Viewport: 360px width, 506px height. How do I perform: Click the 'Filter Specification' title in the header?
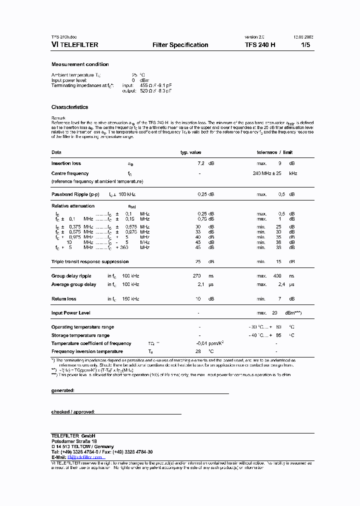tap(180, 45)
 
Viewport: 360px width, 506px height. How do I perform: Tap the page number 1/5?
tap(305, 45)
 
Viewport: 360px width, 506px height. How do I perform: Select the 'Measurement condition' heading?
tap(80, 64)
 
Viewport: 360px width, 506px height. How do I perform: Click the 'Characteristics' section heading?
tap(69, 107)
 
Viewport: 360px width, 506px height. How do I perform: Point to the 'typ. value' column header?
tap(190, 152)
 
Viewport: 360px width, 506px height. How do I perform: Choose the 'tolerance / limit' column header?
tap(274, 152)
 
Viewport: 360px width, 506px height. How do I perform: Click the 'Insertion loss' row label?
tap(66, 163)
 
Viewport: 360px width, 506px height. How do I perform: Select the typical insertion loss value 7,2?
tap(201, 163)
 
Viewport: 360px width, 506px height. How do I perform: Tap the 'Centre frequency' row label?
tap(69, 173)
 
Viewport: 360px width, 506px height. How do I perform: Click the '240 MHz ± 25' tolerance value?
tap(268, 173)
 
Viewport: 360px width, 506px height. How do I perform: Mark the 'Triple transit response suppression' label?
tap(90, 261)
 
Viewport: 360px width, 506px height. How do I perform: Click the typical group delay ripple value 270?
tap(197, 276)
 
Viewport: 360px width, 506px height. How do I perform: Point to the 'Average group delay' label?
tap(73, 284)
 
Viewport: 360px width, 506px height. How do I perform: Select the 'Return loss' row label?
tap(64, 299)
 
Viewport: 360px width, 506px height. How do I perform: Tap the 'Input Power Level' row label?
tap(70, 313)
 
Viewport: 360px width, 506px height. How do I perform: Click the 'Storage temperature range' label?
tap(80, 335)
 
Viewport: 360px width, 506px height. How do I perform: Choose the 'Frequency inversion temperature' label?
tap(87, 351)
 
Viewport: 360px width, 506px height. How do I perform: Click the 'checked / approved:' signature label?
tap(73, 412)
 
